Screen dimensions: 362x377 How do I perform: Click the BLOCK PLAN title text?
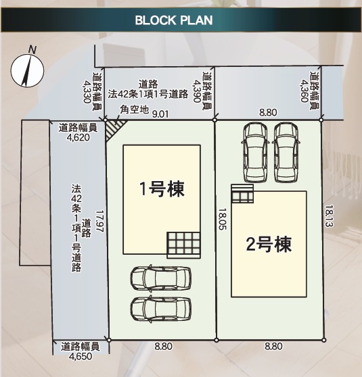[x=174, y=20]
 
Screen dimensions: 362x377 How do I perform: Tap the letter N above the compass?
[x=32, y=49]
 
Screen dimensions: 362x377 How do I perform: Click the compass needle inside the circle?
[x=27, y=71]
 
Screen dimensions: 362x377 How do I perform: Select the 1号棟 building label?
[x=162, y=188]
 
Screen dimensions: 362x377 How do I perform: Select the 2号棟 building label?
[x=269, y=245]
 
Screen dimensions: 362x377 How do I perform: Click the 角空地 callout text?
[x=135, y=109]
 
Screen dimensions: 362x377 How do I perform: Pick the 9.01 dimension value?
[x=160, y=114]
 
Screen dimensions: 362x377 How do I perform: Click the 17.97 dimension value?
[x=99, y=221]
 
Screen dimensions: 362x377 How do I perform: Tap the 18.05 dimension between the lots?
[x=223, y=219]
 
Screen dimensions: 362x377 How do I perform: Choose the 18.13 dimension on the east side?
[x=329, y=216]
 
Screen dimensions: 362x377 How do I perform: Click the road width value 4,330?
[x=87, y=92]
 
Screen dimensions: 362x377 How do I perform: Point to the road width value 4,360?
[x=304, y=91]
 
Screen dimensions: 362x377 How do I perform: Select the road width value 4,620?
[x=78, y=138]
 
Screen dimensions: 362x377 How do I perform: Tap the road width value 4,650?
[x=81, y=356]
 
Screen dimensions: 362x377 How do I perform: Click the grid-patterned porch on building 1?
[x=184, y=245]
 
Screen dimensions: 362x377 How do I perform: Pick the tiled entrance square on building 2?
[x=242, y=193]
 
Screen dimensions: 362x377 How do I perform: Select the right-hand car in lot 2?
[x=286, y=153]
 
